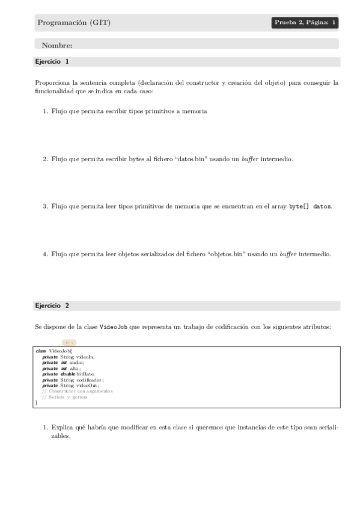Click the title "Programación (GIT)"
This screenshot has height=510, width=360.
[x=74, y=23]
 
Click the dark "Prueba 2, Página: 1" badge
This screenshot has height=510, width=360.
[x=305, y=23]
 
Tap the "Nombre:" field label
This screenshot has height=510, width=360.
[x=57, y=45]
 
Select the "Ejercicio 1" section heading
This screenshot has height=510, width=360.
[x=52, y=61]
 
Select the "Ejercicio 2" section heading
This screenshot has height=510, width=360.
[x=52, y=306]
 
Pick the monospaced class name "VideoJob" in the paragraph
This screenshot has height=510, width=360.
[x=114, y=327]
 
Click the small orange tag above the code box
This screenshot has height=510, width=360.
[x=69, y=342]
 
